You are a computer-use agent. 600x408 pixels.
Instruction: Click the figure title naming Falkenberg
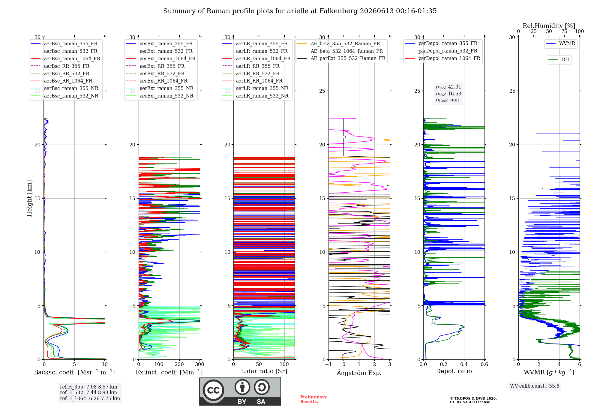click(300, 11)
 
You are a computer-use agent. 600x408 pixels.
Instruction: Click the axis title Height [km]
click(29, 198)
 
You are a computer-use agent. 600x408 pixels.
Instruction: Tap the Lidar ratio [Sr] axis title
click(264, 371)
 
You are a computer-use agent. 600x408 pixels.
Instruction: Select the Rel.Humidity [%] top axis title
click(549, 26)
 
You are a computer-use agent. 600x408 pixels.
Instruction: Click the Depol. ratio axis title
click(454, 371)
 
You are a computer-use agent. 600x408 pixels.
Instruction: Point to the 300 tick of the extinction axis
click(200, 364)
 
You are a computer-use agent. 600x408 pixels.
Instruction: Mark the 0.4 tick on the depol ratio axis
click(464, 364)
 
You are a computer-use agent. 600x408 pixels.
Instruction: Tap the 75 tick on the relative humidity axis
click(564, 31)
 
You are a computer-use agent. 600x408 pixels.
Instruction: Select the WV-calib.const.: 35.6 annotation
click(535, 386)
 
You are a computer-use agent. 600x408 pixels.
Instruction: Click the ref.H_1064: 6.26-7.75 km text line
click(90, 399)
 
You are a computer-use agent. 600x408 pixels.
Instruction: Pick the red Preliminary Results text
click(313, 399)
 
